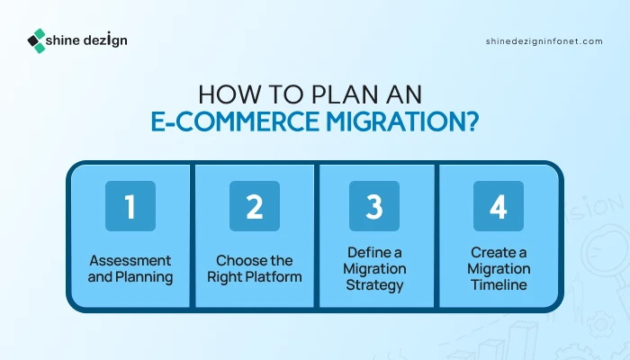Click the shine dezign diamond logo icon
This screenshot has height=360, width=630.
click(x=37, y=40)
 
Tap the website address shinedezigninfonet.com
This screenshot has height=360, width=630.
click(x=544, y=41)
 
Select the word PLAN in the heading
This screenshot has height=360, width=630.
click(x=345, y=94)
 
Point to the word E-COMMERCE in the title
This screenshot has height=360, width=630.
click(x=235, y=121)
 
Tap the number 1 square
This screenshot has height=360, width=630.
click(x=130, y=206)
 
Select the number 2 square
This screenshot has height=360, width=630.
click(x=255, y=206)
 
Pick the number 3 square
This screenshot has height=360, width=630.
click(x=374, y=206)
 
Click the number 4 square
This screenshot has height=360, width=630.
click(x=499, y=206)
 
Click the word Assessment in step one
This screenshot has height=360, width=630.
click(x=130, y=260)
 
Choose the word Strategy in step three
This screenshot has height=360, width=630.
click(x=374, y=285)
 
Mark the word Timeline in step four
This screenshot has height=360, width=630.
click(x=499, y=285)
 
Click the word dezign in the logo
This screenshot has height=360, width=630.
click(x=105, y=40)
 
